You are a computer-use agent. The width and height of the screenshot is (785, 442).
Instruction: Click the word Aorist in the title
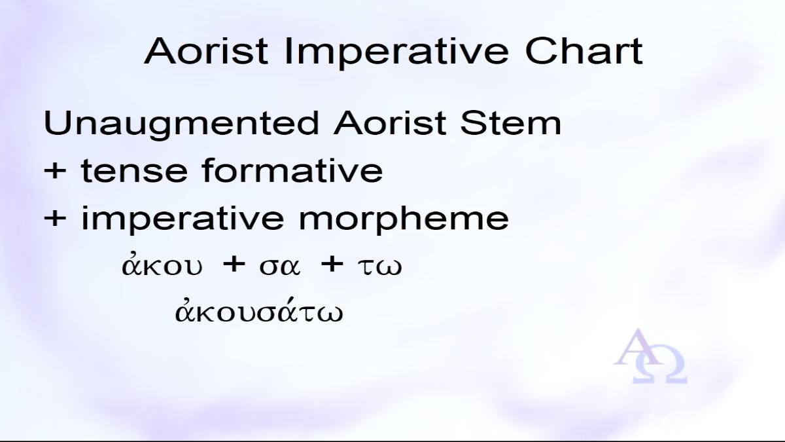[206, 51]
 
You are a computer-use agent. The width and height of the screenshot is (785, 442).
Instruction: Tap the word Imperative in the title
[396, 53]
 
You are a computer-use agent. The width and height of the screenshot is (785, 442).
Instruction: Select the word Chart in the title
[584, 51]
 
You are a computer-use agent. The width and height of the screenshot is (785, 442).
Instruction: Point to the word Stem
[511, 123]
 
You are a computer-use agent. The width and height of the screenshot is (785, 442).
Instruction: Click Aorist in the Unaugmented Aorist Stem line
[390, 123]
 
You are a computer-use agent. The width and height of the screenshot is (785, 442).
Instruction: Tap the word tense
[134, 171]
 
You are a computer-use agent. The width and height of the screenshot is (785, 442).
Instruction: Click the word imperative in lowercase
[183, 219]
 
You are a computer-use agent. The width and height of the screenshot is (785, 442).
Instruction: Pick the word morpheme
[404, 219]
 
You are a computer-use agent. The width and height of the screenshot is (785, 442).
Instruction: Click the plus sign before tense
[55, 170]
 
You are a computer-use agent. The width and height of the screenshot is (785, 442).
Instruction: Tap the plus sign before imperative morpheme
[55, 218]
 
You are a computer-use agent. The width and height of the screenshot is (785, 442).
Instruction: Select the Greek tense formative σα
[280, 267]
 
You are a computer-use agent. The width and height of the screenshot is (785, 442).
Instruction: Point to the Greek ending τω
[379, 267]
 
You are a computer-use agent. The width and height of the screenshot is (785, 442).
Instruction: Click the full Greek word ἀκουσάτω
[258, 310]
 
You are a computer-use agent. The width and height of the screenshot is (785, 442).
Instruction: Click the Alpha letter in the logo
[637, 347]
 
